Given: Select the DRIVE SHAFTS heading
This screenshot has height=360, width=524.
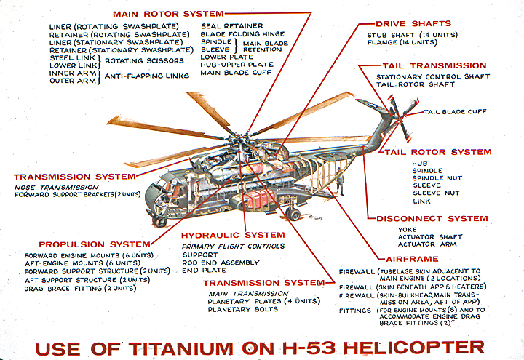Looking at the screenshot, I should click(x=414, y=24).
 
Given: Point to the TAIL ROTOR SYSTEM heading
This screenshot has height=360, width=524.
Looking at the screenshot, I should click(x=438, y=152).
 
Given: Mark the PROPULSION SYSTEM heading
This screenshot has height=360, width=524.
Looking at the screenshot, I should click(x=84, y=244).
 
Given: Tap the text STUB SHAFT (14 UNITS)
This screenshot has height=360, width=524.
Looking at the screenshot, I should click(x=411, y=34).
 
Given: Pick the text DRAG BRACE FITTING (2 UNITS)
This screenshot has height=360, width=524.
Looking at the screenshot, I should click(x=79, y=288).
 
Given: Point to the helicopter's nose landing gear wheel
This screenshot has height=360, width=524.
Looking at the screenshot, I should click(x=162, y=221).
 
